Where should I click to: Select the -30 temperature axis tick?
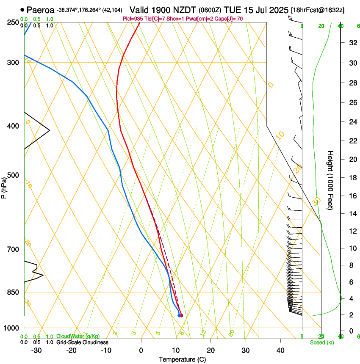pos(36,350)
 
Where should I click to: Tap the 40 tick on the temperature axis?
pos(280,350)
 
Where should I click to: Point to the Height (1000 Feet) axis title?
pos(331,180)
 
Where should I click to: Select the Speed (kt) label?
pos(321,342)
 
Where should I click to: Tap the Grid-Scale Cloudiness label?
pos(82,342)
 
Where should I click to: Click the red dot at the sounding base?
pos(181,315)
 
